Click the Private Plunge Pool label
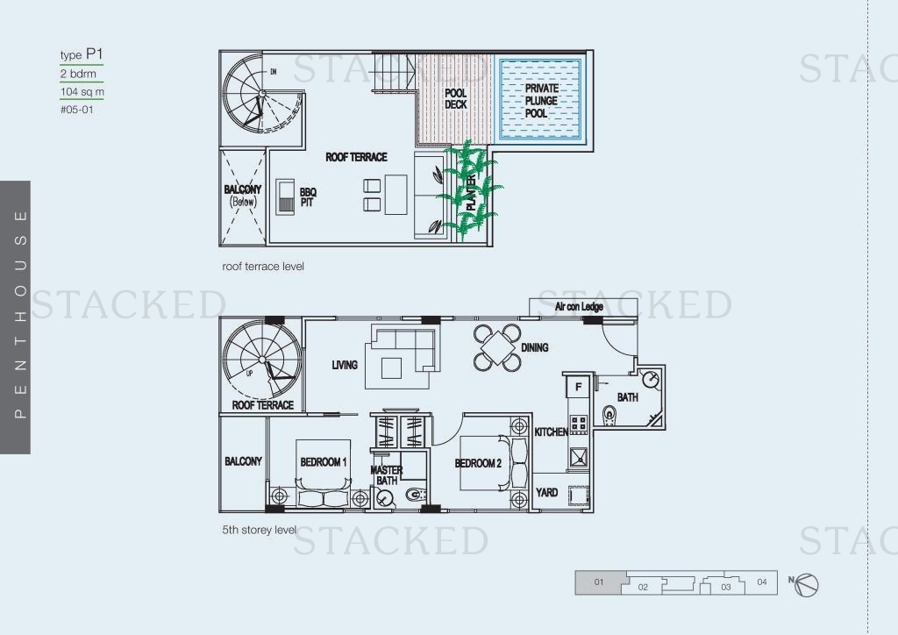(542, 101)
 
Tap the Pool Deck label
(456, 98)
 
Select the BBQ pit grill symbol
(285, 197)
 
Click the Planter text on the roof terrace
(471, 192)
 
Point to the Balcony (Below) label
(243, 196)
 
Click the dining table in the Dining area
(498, 347)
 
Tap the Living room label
(345, 365)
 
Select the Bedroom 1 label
(324, 462)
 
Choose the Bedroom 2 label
(478, 463)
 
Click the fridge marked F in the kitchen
(579, 387)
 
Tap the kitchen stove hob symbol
(579, 425)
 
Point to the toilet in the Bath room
(609, 414)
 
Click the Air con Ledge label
(579, 306)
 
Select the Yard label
(547, 492)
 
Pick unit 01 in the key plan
(598, 582)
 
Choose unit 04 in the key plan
(762, 581)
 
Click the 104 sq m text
(82, 91)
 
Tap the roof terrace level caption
(263, 267)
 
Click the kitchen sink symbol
(579, 458)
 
